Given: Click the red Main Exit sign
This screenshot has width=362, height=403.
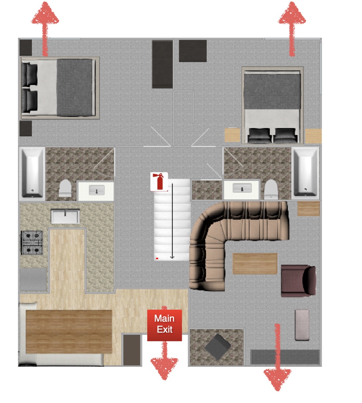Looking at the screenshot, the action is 165,325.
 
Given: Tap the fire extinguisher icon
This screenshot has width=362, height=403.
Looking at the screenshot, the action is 159,182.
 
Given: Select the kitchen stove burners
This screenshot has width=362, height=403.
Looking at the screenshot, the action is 32,243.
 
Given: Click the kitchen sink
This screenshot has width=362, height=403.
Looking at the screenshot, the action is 65,216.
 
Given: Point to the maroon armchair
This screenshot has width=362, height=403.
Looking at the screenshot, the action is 298,281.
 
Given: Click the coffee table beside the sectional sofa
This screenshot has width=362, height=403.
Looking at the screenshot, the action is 255,264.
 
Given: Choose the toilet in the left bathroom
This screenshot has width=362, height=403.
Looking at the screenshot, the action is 65,188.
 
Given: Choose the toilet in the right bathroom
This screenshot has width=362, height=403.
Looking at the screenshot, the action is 271,189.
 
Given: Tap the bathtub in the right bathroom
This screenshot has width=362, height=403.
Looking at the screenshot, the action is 305,173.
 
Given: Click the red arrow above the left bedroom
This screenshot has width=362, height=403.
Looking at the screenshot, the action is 45,29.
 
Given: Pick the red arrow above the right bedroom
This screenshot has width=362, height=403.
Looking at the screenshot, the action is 292,29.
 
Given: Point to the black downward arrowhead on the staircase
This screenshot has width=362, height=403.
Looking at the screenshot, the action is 172,257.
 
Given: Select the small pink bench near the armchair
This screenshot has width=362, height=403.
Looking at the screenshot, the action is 302,325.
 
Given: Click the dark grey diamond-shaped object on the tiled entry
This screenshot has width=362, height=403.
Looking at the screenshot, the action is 218,347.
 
